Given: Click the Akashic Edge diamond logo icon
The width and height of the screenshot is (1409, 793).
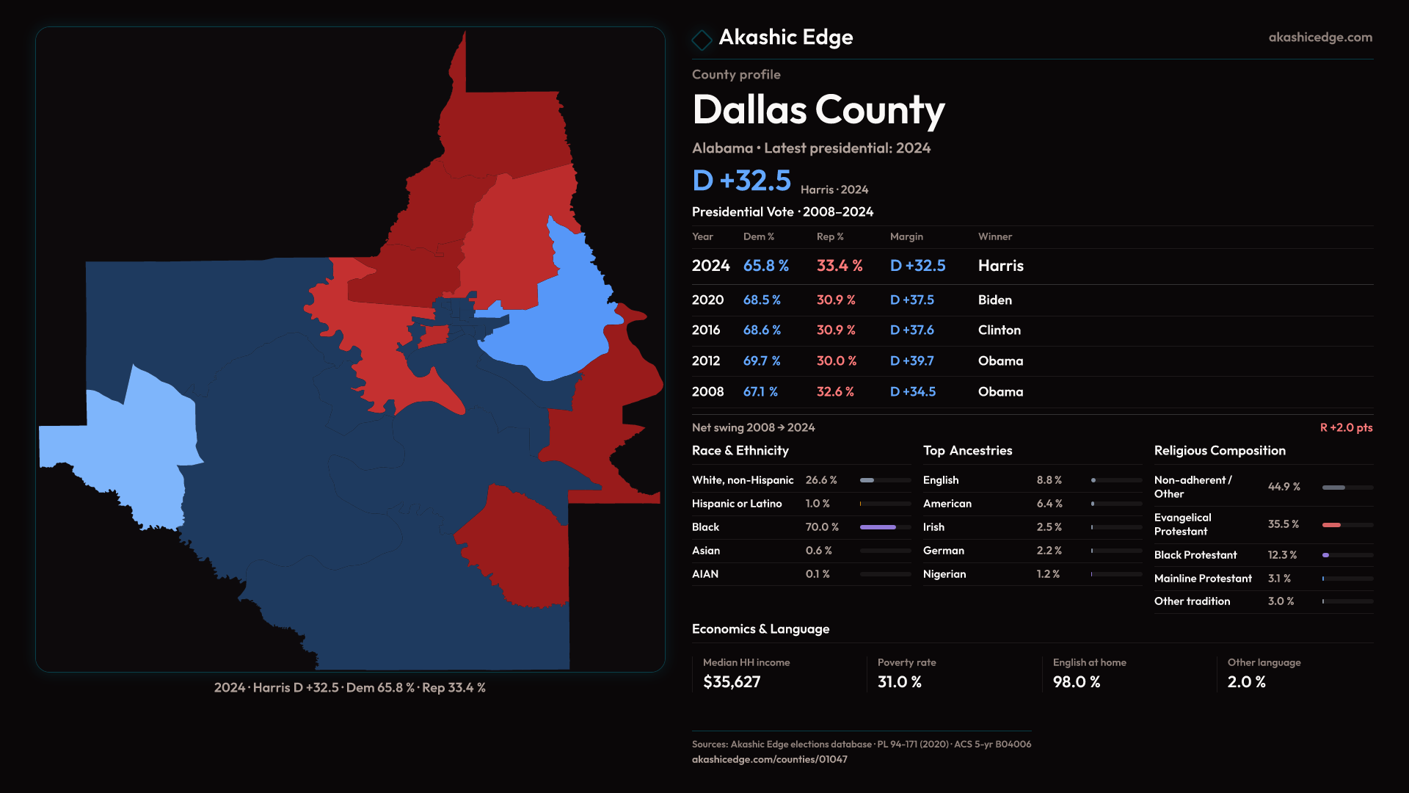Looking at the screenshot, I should (x=702, y=40).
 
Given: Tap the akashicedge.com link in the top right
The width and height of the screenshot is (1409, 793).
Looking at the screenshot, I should (x=1320, y=37).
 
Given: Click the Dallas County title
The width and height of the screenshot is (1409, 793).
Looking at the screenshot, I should (x=818, y=110).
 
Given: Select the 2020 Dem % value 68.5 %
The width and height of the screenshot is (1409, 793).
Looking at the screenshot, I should (x=762, y=300).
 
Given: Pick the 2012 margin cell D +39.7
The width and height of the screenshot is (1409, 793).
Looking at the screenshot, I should (x=911, y=361).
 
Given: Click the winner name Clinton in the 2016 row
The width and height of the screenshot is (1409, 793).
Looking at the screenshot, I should (x=999, y=330).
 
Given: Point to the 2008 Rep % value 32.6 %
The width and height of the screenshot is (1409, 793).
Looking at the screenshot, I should (x=835, y=392).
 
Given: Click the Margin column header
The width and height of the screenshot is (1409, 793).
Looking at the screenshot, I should (x=906, y=236).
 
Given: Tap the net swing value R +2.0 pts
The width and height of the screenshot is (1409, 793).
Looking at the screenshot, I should (x=1346, y=427).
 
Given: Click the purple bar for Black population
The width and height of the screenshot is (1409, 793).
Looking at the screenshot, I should (x=878, y=527).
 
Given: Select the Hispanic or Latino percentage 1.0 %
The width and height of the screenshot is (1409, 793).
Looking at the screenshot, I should (x=818, y=504).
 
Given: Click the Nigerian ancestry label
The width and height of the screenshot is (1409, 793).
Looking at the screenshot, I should (x=944, y=574).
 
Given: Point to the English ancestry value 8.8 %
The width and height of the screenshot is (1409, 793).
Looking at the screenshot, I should (x=1049, y=480).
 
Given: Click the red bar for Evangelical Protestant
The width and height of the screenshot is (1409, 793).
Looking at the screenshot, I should (x=1331, y=525).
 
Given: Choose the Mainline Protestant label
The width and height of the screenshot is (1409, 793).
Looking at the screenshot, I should (x=1203, y=579).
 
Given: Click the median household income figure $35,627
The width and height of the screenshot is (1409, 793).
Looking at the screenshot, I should (x=732, y=682).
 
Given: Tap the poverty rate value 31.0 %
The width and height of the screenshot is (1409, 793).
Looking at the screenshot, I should (x=900, y=682).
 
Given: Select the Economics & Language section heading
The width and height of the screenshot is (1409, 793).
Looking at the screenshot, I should (x=760, y=629).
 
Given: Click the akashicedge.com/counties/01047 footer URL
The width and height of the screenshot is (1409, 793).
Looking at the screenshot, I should (x=769, y=759).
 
